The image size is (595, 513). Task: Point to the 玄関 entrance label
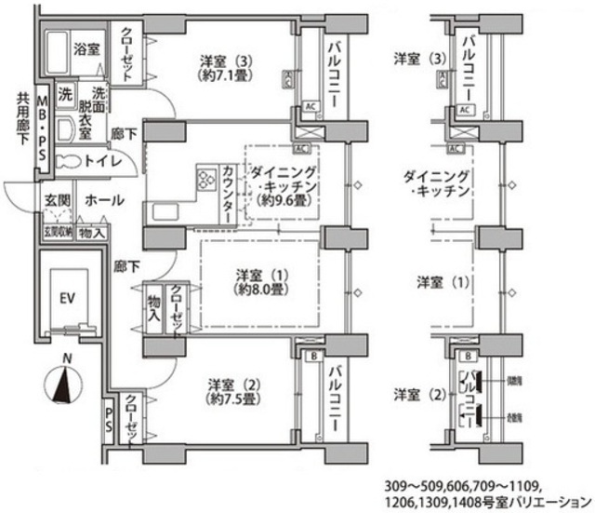pos(55,200)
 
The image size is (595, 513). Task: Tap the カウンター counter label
pos(229,192)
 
